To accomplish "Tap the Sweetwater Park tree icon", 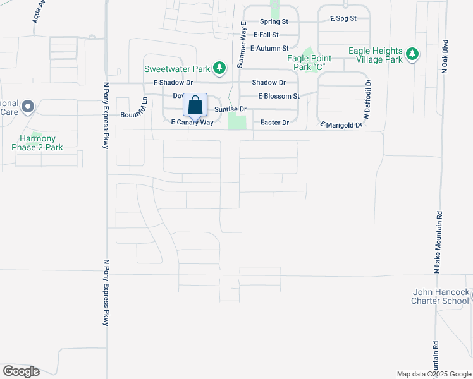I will click(x=219, y=68).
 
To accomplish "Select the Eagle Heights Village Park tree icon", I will click(x=413, y=55).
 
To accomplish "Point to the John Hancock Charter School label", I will click(x=441, y=297).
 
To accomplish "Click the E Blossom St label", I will click(x=278, y=96).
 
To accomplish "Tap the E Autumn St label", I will click(x=269, y=48).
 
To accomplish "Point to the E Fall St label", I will click(x=266, y=35).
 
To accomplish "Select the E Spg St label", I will click(x=343, y=19).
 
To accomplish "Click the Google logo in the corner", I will click(x=21, y=371).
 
